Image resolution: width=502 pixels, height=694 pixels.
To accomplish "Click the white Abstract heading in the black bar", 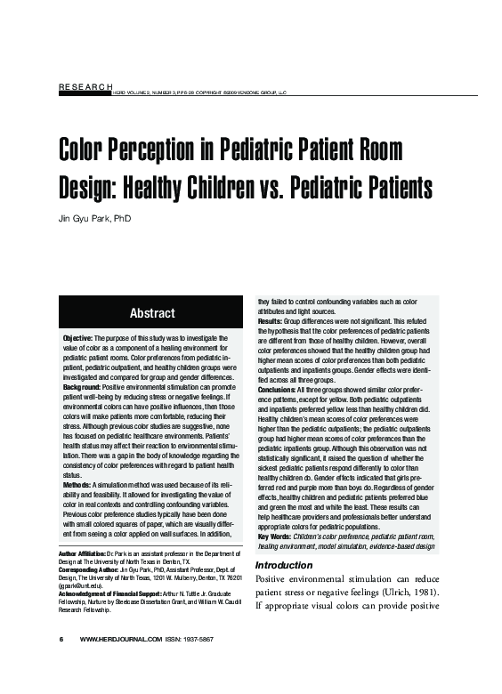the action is [x=152, y=313].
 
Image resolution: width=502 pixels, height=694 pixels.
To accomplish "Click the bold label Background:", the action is [x=86, y=386].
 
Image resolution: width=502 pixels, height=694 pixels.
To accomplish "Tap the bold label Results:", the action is [x=271, y=320].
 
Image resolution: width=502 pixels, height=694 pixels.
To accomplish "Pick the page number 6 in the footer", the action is [x=61, y=639].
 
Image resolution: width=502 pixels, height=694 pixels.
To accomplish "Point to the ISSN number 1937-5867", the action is [x=195, y=639].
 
